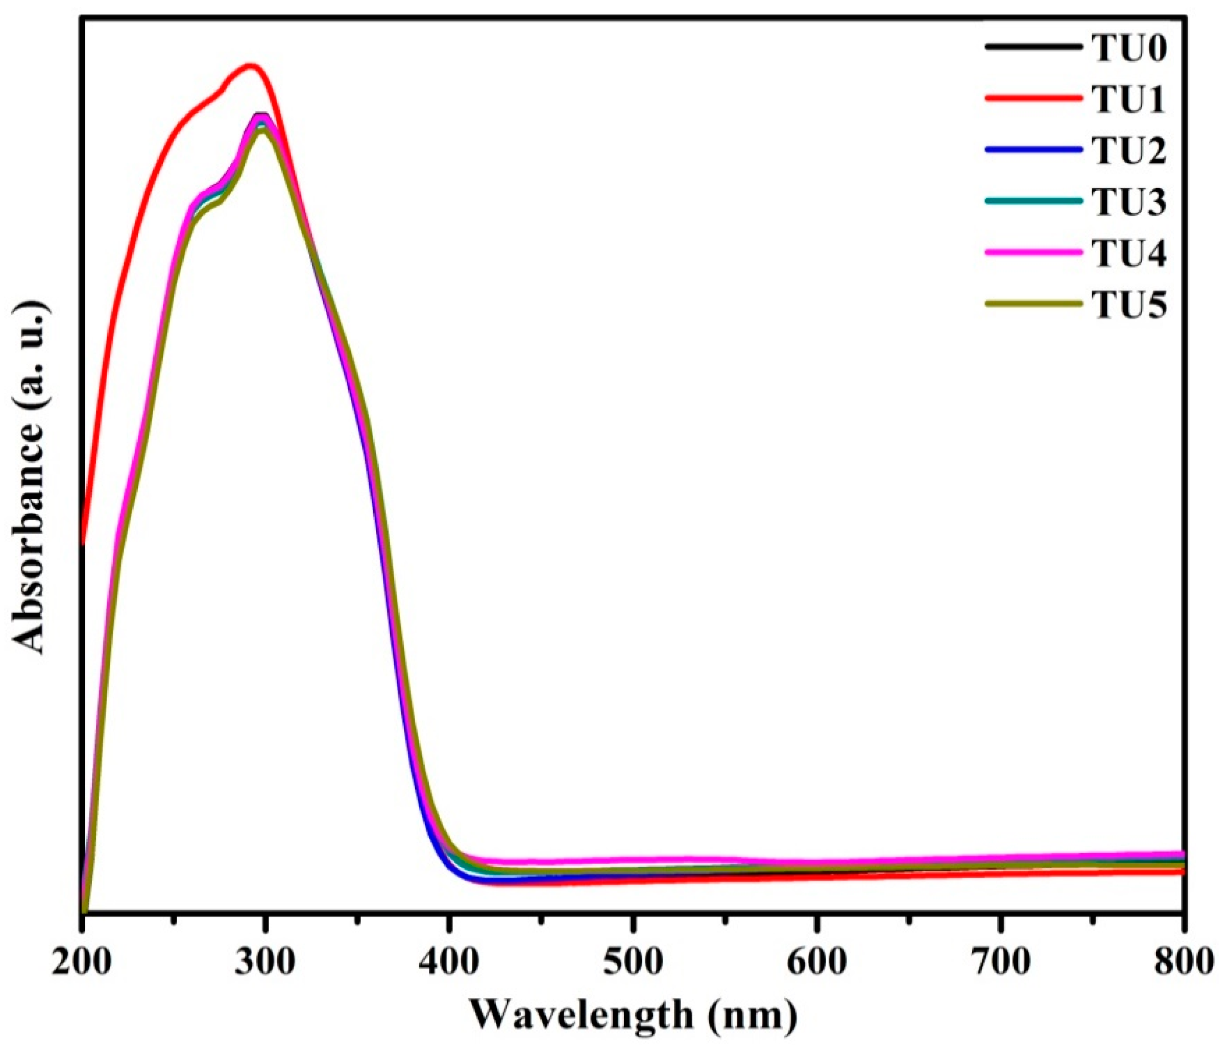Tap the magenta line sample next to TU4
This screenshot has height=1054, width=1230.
1032,253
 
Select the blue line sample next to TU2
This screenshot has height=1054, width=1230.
1032,150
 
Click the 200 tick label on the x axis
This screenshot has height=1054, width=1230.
81,962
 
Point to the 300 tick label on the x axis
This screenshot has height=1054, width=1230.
265,962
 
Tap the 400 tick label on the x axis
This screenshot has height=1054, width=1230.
449,962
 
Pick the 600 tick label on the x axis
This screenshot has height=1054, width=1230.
816,962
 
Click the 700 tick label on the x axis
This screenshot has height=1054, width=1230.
1000,962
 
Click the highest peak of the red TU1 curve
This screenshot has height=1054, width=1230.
251,66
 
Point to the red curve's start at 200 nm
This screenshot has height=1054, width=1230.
84,541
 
